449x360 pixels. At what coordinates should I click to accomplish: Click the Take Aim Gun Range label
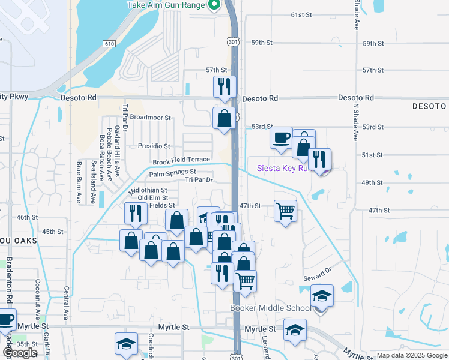[166, 5]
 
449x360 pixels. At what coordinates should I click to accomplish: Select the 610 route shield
[109, 44]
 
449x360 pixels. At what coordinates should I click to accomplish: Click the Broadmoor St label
[151, 118]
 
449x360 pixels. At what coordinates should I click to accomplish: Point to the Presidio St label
[154, 146]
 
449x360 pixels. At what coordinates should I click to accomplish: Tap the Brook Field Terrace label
[181, 160]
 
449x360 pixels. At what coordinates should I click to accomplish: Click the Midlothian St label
[148, 191]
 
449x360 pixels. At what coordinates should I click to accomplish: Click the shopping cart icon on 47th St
[285, 211]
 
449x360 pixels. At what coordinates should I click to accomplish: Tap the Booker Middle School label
[271, 308]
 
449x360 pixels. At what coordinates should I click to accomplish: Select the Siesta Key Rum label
[282, 168]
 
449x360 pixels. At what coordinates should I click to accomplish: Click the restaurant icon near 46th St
[135, 212]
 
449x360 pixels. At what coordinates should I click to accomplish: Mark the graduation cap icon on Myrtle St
[295, 331]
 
